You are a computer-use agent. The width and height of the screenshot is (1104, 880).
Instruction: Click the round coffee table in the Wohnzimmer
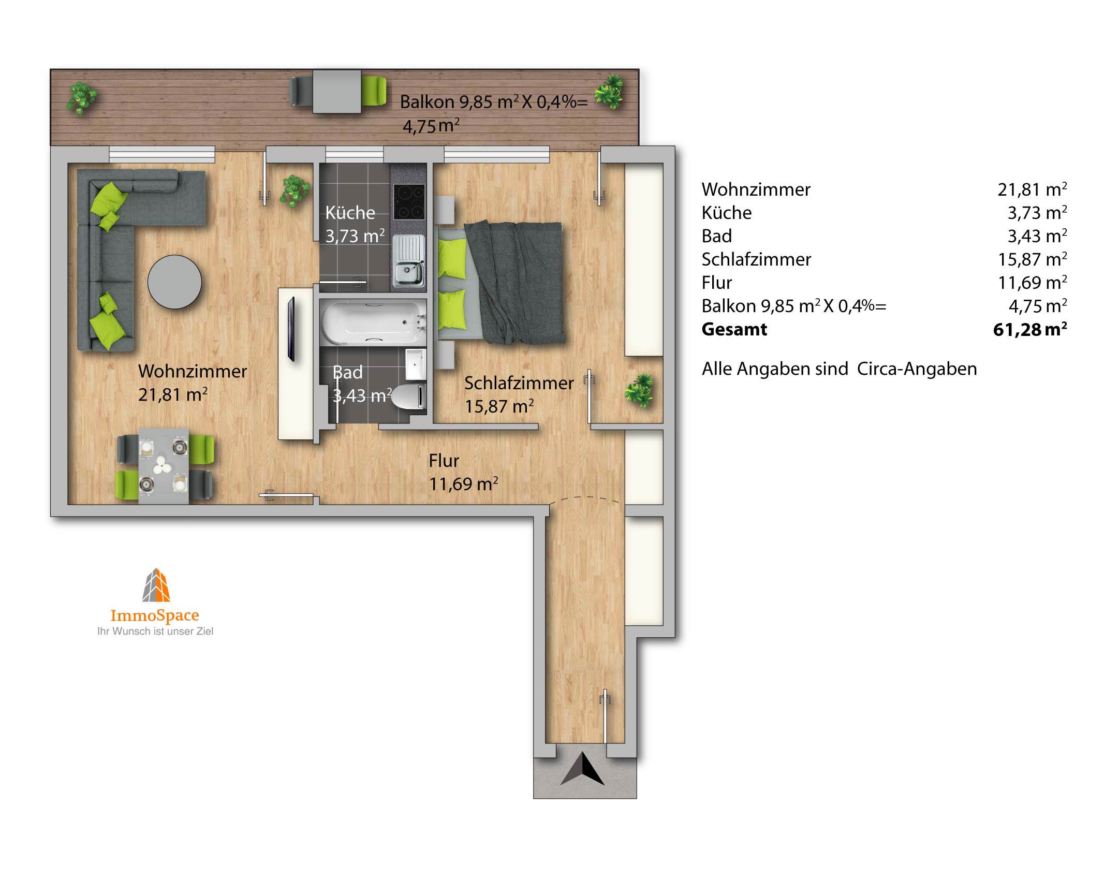coord(174,282)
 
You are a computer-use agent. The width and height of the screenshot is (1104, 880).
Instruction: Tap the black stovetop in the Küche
coord(409,201)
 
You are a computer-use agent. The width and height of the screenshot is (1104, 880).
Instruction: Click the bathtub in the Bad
coord(373,322)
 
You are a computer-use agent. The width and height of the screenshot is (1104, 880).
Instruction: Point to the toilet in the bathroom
coord(409,397)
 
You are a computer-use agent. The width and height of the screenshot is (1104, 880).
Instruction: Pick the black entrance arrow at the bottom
coord(583,769)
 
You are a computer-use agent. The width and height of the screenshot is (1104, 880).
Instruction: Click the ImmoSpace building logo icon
coord(156,585)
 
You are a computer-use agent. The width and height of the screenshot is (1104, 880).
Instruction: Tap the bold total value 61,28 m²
coord(1030,329)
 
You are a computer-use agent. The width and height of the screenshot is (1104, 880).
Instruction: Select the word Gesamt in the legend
coord(734,329)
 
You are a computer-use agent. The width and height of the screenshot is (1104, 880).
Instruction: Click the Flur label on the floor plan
coord(444,461)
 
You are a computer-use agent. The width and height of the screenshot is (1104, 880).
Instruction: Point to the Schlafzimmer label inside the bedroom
coord(519,383)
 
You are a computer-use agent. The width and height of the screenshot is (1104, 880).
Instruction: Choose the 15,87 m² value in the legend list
coord(1032,259)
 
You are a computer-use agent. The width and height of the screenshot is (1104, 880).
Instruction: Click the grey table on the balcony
coord(337,92)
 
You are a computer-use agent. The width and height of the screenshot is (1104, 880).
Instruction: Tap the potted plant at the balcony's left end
coord(81,97)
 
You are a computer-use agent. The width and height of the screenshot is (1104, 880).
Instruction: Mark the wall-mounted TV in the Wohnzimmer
coord(291,329)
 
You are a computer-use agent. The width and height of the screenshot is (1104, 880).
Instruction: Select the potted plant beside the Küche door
coord(295,190)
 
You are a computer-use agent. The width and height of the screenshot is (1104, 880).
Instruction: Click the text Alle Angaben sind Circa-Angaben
coord(839,369)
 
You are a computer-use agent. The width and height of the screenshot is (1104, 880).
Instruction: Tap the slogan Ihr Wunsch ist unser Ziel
coord(155,631)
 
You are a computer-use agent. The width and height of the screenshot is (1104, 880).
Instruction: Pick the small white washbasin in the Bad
coord(416,364)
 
